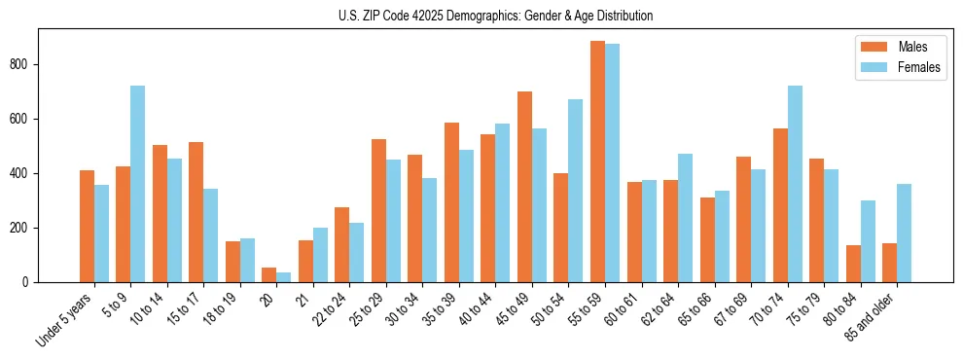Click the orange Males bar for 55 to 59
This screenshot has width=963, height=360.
597,162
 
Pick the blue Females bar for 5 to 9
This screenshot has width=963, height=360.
137,184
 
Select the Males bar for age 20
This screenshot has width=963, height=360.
268,274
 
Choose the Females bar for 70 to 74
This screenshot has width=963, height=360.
795,184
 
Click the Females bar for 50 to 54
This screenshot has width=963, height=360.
575,191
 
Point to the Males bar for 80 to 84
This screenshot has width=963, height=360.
853,264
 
